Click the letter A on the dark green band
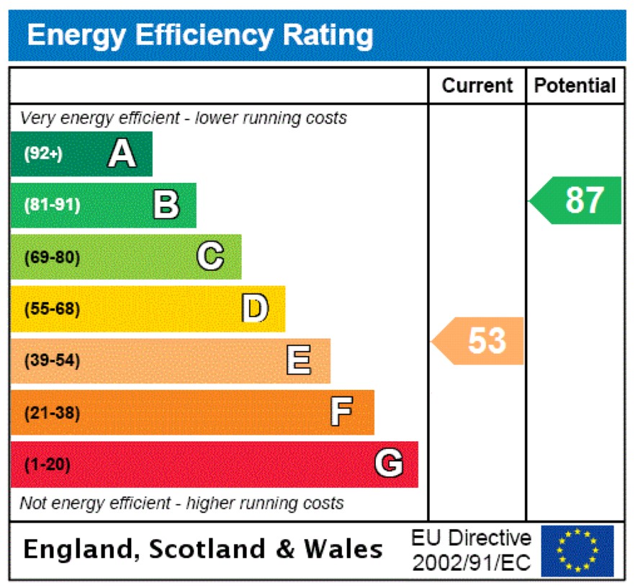[x=122, y=154]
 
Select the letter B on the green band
[x=166, y=205]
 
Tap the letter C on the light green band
[x=210, y=257]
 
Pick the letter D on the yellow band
[x=254, y=308]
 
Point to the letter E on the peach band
[x=299, y=360]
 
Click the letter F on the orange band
[x=341, y=412]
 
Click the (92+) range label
[x=43, y=154]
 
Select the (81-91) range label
[x=52, y=205]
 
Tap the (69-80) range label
[x=52, y=257]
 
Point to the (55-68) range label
[x=52, y=309]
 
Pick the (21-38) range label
[x=52, y=413]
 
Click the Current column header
[x=477, y=86]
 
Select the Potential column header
[x=575, y=86]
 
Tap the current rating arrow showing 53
[x=480, y=340]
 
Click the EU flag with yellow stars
[x=578, y=551]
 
